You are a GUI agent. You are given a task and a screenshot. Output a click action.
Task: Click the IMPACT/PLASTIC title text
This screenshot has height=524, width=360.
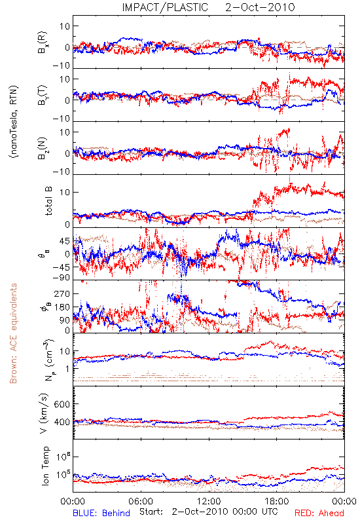click(165, 7)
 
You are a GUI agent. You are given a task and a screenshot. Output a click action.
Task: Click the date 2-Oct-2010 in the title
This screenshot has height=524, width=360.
click(260, 7)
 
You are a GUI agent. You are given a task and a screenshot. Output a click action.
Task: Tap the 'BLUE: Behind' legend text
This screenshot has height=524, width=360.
click(101, 513)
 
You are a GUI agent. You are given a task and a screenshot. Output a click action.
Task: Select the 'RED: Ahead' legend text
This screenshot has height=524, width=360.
click(319, 513)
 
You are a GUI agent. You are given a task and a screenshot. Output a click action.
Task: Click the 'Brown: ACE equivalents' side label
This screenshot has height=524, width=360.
click(13, 333)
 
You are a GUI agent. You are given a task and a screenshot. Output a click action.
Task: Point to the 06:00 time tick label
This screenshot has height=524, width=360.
click(141, 501)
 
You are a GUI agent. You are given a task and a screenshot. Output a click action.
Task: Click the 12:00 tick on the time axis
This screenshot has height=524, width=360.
click(209, 501)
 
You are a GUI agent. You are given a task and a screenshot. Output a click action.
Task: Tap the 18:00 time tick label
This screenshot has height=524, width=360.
click(277, 501)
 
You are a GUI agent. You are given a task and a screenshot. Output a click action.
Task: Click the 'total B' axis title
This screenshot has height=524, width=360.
click(48, 201)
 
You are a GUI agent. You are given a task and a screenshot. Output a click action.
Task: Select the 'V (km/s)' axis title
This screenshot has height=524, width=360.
click(45, 413)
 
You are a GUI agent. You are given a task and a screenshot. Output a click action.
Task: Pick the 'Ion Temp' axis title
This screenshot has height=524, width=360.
click(45, 466)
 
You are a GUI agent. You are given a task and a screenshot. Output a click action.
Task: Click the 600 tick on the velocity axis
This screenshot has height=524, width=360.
click(62, 404)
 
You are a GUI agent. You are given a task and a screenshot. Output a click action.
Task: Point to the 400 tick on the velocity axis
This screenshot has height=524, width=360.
click(62, 422)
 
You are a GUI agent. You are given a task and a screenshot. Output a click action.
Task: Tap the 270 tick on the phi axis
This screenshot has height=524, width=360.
click(62, 293)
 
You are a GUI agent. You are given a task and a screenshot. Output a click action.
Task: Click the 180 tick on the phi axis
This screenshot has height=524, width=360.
click(62, 307)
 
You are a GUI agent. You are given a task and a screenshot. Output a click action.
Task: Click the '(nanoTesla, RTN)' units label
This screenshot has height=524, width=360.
click(14, 122)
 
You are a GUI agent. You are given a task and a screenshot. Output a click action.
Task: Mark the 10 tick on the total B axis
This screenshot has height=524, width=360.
click(65, 193)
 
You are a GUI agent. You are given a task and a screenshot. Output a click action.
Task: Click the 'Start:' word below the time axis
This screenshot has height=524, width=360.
click(152, 512)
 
